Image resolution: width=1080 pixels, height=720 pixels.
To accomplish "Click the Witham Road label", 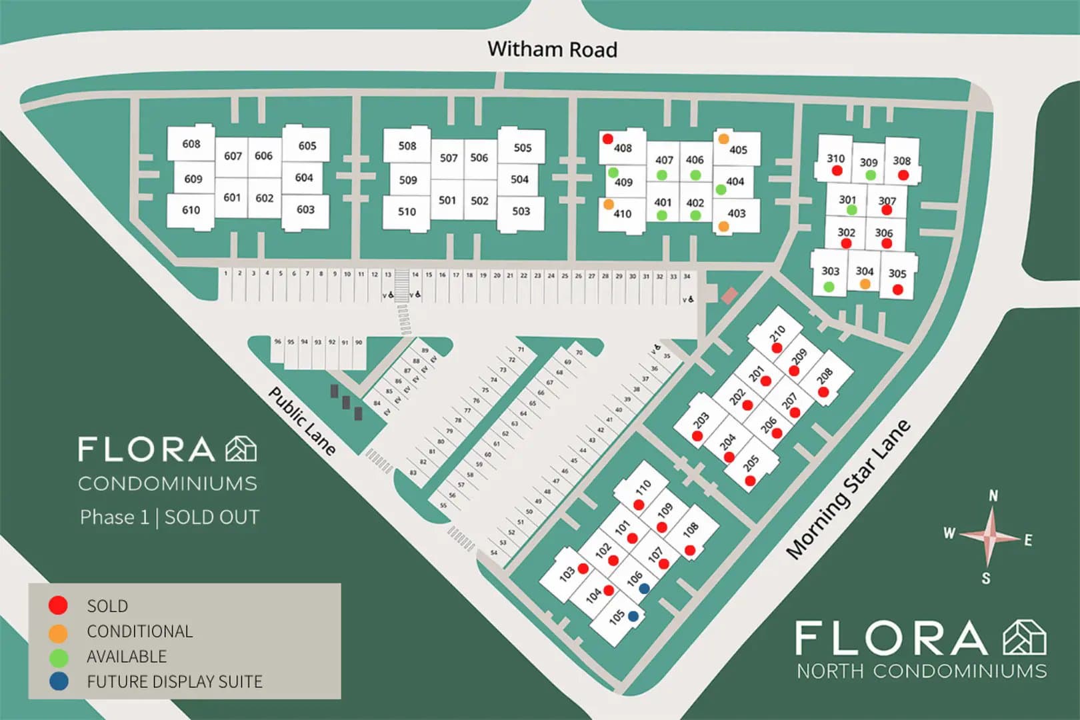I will [x=552, y=49].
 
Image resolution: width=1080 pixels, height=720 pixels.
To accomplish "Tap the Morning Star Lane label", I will [x=848, y=490].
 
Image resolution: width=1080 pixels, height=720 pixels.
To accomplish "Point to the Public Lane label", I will [x=302, y=421].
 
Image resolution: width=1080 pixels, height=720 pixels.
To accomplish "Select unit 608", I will [x=191, y=143].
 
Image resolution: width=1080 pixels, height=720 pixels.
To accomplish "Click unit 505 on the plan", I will [x=523, y=147].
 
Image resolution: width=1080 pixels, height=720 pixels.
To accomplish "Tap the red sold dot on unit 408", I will [x=607, y=139].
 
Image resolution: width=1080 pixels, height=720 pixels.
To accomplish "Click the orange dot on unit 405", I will [x=723, y=139].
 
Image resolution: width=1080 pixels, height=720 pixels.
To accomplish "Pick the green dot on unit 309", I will [x=870, y=175].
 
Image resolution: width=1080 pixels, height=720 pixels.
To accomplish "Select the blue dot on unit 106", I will [x=644, y=589].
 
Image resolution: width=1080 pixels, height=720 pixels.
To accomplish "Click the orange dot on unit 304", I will [x=865, y=284].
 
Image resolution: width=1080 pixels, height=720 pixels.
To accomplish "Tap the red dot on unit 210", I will [x=777, y=348].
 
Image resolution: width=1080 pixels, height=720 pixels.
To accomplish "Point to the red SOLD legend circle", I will [x=59, y=605].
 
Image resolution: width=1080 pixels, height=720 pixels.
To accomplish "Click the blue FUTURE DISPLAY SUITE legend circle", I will [x=59, y=681].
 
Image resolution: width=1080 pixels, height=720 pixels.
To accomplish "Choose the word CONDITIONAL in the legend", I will [x=139, y=631].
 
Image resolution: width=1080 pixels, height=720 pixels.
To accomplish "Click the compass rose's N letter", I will [x=993, y=495].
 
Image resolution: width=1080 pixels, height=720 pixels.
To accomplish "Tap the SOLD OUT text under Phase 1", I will [x=211, y=517].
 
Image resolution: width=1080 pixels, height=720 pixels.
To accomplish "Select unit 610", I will [x=191, y=210].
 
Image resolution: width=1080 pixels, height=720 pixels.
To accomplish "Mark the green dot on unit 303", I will [x=829, y=287].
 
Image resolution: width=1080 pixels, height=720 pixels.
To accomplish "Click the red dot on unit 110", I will [x=639, y=505].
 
